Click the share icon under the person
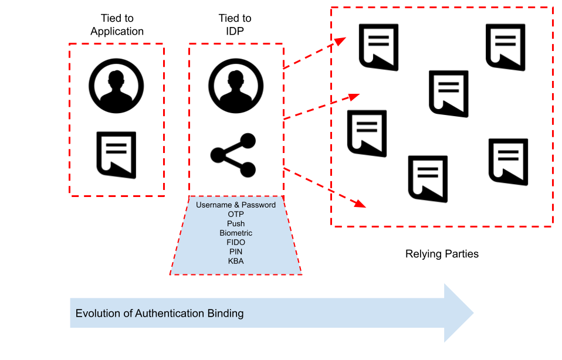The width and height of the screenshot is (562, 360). click(x=233, y=155)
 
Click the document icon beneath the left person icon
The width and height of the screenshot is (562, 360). click(x=116, y=154)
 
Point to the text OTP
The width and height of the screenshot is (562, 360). click(x=236, y=215)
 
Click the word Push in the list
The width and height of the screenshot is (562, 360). click(x=236, y=224)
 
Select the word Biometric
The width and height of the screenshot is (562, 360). click(x=236, y=233)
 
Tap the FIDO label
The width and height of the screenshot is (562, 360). click(x=236, y=242)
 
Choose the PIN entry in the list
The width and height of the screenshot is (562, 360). click(x=236, y=252)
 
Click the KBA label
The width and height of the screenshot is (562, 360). click(x=236, y=261)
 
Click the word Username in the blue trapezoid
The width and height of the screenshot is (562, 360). click(x=214, y=205)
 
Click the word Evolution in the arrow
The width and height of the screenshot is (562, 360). click(x=96, y=314)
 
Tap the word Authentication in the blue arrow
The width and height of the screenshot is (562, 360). click(x=170, y=314)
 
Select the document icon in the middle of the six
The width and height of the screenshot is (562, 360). click(x=449, y=94)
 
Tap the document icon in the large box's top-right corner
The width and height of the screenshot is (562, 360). click(x=505, y=47)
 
